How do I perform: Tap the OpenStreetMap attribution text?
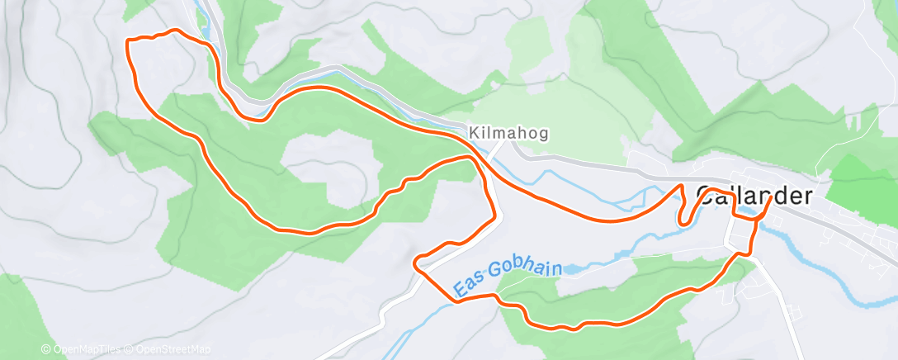point(168,350)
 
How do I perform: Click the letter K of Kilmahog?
point(474,132)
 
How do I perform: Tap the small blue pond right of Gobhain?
point(578,269)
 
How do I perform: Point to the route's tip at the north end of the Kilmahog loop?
point(472,156)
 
